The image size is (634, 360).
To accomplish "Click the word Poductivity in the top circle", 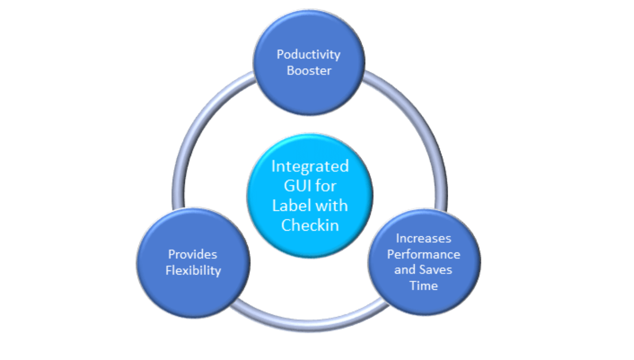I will point(308,54).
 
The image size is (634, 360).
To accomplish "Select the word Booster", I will point(309,71).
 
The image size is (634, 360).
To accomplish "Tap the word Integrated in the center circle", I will point(310,167).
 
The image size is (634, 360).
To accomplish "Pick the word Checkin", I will point(310,225).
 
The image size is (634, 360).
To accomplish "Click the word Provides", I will point(192,254).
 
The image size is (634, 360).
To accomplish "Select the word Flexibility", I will point(193,270).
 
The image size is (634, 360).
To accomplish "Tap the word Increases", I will point(423,238).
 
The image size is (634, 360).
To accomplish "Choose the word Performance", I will point(423,254).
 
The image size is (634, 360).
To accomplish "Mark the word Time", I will point(423,286).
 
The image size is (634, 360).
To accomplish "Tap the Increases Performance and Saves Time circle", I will point(423,303).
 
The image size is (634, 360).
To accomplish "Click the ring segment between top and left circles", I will point(196,127).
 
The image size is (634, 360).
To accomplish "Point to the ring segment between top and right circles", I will point(423,127).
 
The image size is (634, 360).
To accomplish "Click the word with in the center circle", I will point(332,206).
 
